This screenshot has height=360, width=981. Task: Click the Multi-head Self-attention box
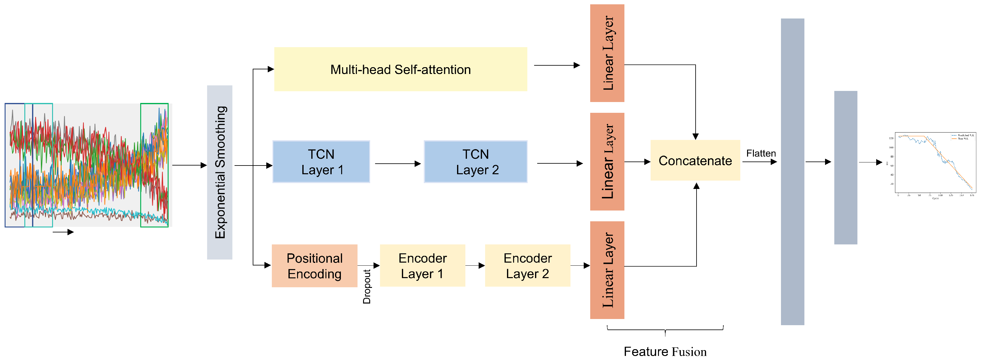tap(400, 69)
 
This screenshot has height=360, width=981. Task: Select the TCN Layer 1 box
tap(321, 162)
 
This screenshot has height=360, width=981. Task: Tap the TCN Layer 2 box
tap(476, 162)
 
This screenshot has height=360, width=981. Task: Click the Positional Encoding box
tap(315, 266)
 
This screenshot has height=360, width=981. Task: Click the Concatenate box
tap(695, 160)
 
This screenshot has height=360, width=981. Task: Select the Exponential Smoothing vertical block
tap(220, 172)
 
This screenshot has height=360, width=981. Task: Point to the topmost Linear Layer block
tap(607, 53)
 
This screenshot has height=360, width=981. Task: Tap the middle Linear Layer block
tap(607, 162)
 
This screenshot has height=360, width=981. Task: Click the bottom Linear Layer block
tap(607, 270)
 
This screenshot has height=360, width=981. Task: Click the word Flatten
tap(761, 153)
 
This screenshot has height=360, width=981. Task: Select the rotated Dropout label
tap(367, 286)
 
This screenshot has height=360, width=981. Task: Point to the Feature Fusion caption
tap(665, 351)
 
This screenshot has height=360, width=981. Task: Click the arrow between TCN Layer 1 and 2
tap(398, 164)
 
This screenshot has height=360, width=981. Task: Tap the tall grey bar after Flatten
tap(792, 172)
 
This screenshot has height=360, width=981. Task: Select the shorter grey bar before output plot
tap(845, 168)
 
